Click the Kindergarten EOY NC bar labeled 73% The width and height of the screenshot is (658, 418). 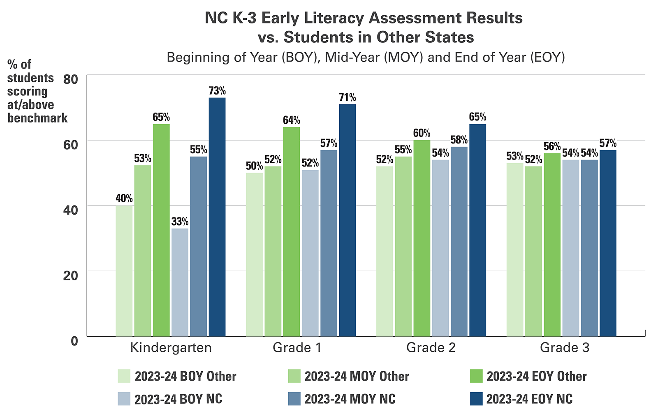click(x=217, y=217)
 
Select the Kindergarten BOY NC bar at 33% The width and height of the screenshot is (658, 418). click(x=180, y=282)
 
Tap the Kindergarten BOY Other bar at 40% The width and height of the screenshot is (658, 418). click(x=124, y=271)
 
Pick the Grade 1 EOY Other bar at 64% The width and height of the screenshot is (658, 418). click(x=291, y=232)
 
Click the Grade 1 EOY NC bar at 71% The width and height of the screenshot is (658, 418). click(x=348, y=220)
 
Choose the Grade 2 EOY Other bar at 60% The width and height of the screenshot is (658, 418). click(x=422, y=238)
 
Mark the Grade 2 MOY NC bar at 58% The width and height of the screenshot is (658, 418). click(x=459, y=242)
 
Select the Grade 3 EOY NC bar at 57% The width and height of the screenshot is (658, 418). click(x=608, y=243)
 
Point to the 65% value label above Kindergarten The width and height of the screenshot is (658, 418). click(x=161, y=118)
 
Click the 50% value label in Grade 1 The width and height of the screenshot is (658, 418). click(x=254, y=166)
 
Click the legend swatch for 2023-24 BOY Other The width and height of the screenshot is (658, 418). click(x=124, y=376)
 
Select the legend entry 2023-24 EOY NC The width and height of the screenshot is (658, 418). click(x=529, y=399)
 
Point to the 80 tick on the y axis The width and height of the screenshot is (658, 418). click(x=70, y=79)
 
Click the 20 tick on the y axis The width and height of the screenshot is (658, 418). click(x=70, y=275)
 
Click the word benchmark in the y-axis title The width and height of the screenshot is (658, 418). click(x=37, y=118)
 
